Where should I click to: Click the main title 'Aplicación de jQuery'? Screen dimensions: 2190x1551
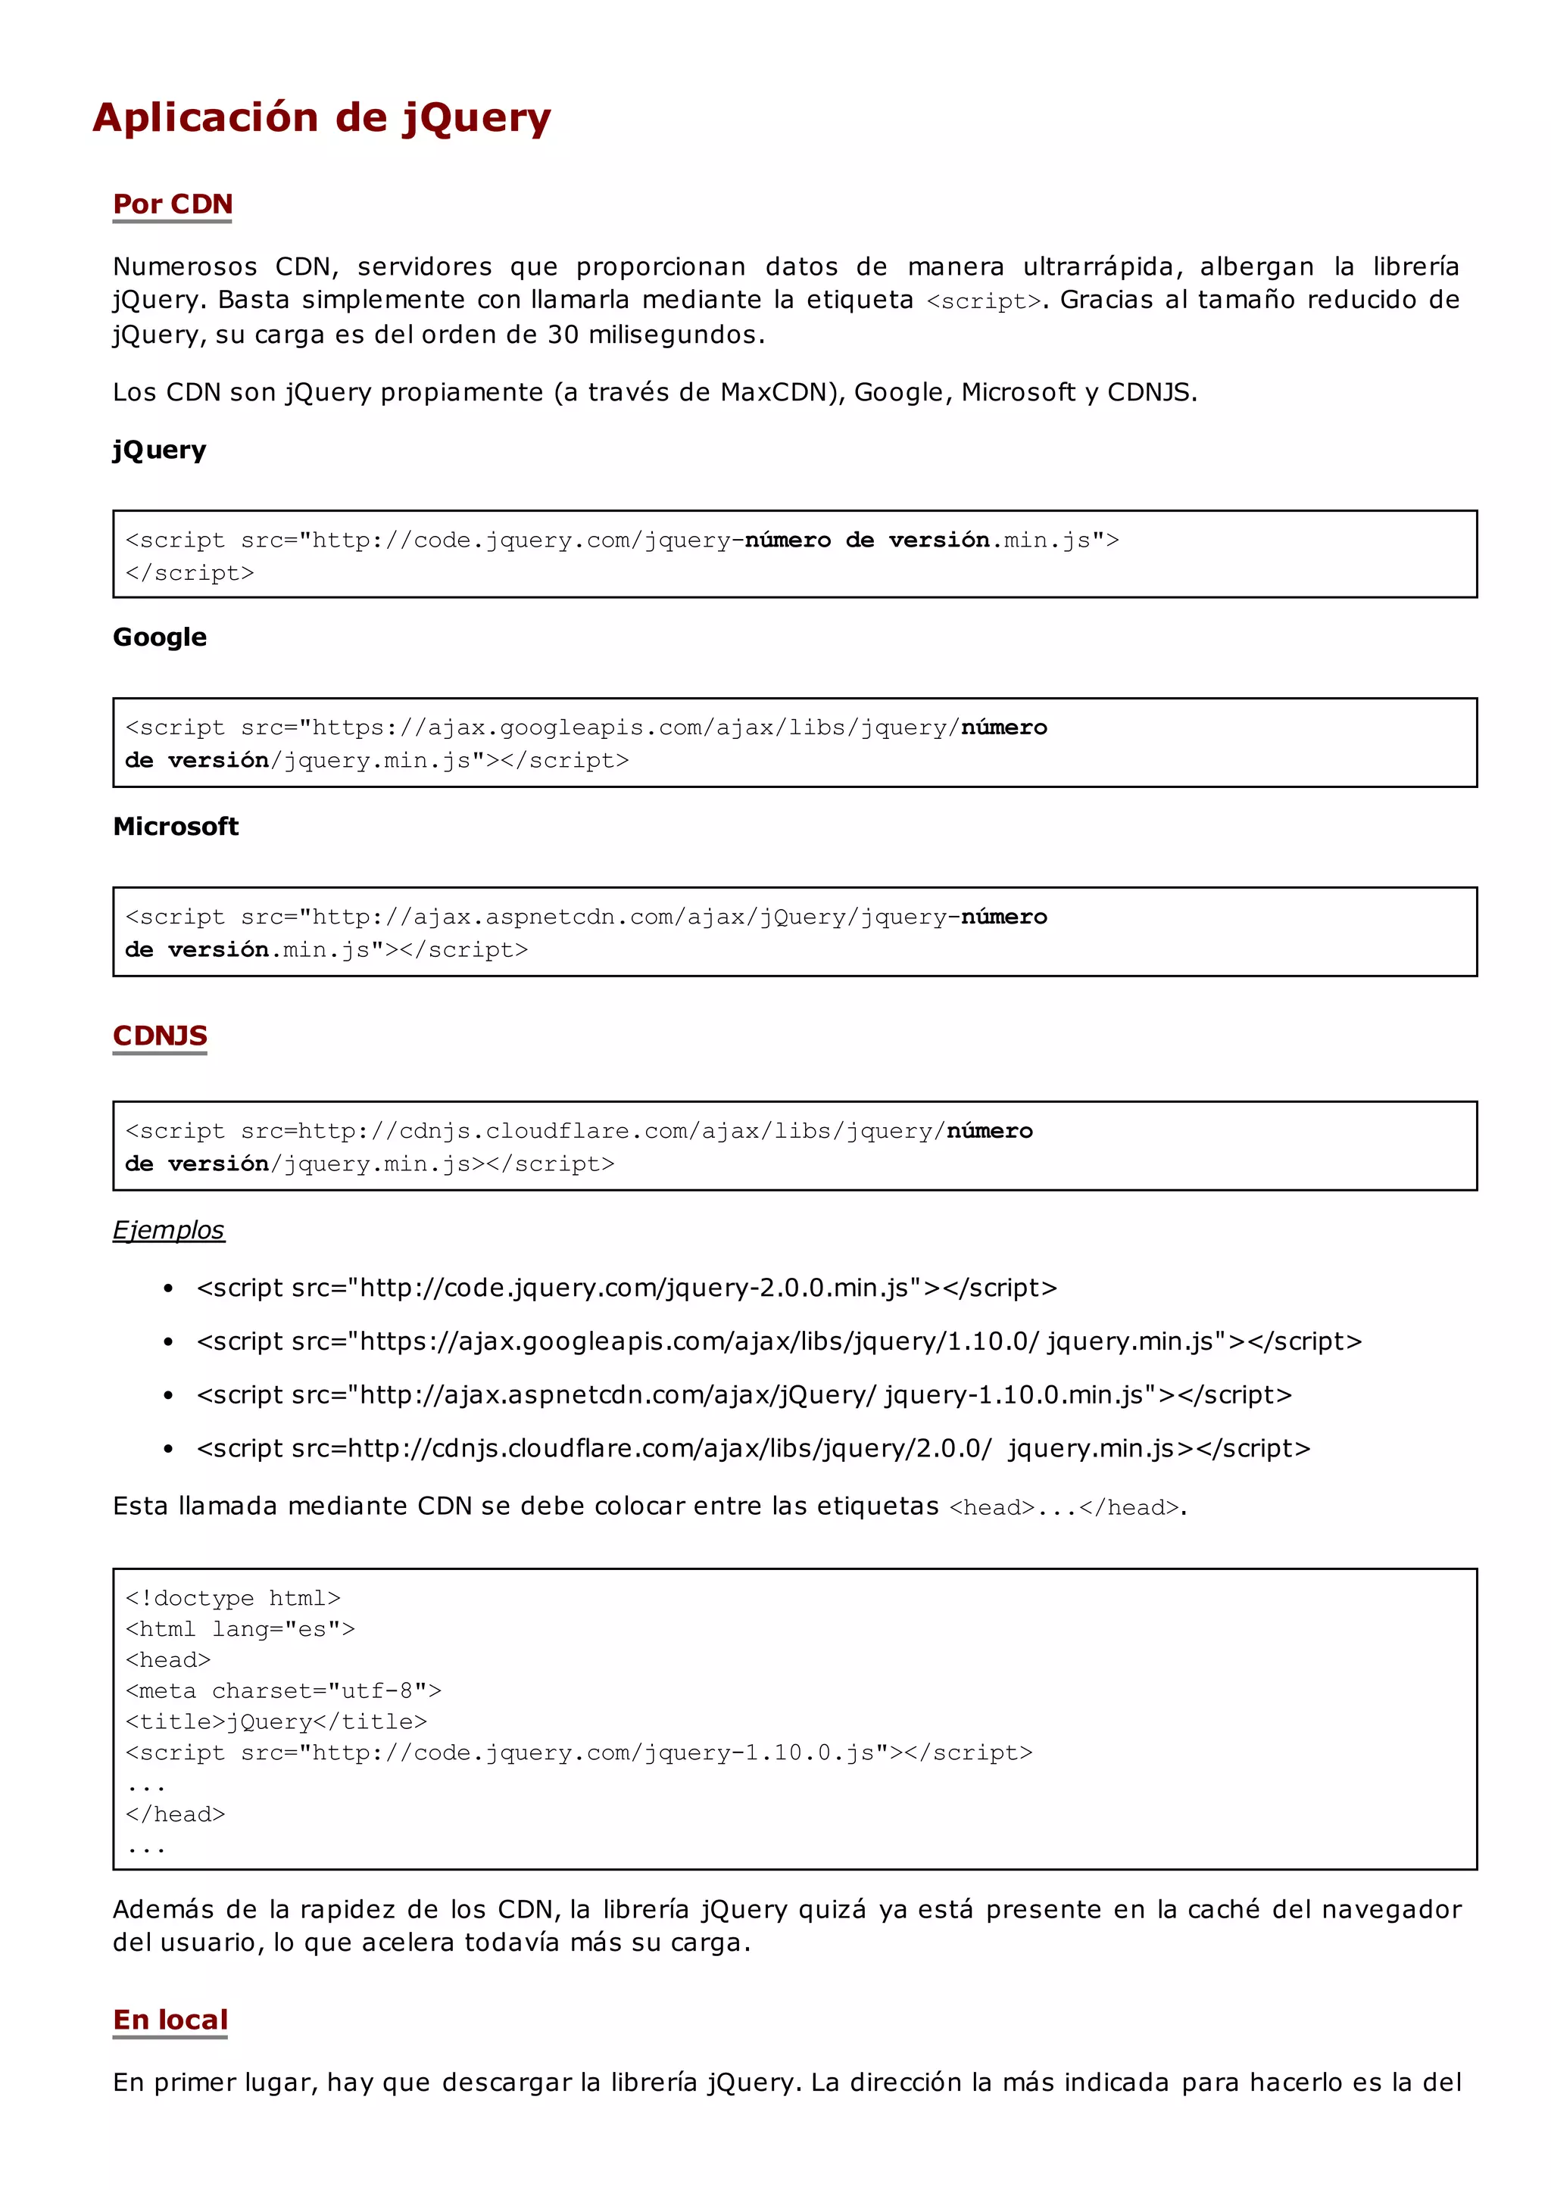point(322,118)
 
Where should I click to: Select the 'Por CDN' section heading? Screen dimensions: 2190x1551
point(173,204)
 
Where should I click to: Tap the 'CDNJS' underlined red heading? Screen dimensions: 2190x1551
point(160,1036)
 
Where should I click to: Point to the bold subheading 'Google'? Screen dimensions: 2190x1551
point(160,637)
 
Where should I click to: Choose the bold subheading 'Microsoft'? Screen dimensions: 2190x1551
point(176,826)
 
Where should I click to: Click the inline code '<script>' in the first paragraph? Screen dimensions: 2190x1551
point(984,302)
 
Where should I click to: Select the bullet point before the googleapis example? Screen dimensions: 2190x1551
point(168,1342)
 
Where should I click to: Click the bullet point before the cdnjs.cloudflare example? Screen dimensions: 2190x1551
point(168,1449)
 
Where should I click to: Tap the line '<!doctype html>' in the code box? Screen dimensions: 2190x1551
point(233,1598)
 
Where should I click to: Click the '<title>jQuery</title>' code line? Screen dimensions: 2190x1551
point(276,1721)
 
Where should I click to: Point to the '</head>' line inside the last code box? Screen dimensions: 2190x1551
point(176,1814)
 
